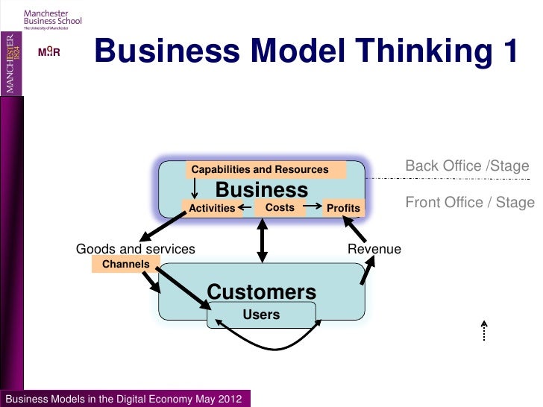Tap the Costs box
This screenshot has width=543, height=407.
click(x=280, y=207)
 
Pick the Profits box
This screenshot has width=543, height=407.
click(x=343, y=208)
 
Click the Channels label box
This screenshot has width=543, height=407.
click(x=125, y=264)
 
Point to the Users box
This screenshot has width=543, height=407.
click(x=261, y=315)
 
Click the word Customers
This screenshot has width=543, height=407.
click(x=261, y=292)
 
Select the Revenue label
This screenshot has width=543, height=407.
click(x=374, y=249)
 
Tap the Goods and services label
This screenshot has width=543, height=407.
click(x=136, y=249)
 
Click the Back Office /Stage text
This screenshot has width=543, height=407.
click(x=467, y=165)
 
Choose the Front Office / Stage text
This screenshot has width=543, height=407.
click(x=470, y=202)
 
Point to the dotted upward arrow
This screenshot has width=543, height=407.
click(x=484, y=331)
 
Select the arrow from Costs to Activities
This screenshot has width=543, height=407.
click(x=245, y=208)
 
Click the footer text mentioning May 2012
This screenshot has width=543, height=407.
click(x=124, y=399)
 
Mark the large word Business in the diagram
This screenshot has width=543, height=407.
click(x=261, y=189)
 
